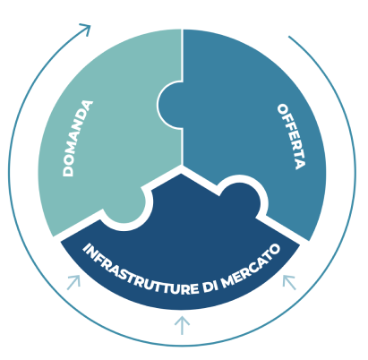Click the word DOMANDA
pos(78,139)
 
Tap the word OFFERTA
pos(292,136)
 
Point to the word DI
pos(210,287)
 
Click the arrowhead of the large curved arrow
pos(86,29)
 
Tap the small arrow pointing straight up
pos(182,325)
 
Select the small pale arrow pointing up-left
pos(289,282)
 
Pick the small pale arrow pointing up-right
pos(74,282)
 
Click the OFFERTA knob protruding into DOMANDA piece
pos(169,105)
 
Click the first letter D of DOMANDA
pos(68,172)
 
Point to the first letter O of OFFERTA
pos(283,108)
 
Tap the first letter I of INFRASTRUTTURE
pos(88,248)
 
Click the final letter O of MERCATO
pos(275,249)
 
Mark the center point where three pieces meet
pos(182,165)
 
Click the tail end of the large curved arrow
pos(288,37)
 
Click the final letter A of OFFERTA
pos(300,165)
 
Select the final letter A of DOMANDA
pos(87,106)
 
